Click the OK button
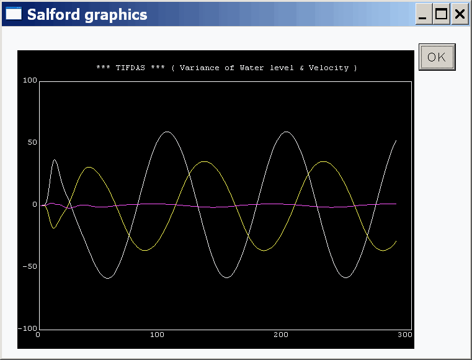(437, 57)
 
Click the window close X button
(460, 14)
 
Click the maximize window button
(441, 14)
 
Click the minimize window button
(424, 14)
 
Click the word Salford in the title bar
(53, 14)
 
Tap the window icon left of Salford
(14, 13)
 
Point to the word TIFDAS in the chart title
(130, 68)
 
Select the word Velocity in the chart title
(329, 68)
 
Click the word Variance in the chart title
(199, 68)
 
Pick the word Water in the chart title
(252, 68)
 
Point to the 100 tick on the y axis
(30, 80)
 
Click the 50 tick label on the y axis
(32, 142)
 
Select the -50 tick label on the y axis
(30, 266)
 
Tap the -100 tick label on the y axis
(27, 328)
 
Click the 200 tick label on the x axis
(281, 335)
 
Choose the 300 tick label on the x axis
(405, 335)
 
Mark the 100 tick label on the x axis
(157, 335)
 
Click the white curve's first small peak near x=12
(55, 160)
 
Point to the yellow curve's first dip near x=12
(54, 228)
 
